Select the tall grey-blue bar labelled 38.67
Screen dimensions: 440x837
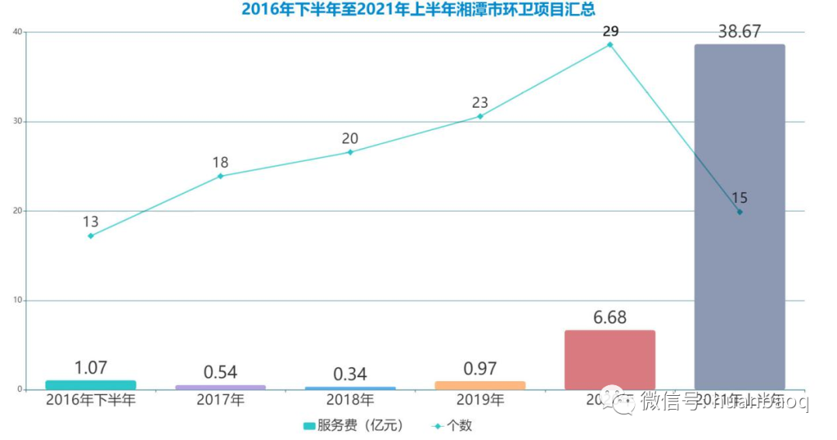(x=739, y=217)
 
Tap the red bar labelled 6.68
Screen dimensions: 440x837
(x=609, y=360)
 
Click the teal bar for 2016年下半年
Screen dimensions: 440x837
(x=91, y=385)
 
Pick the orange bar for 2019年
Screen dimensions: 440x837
(x=480, y=385)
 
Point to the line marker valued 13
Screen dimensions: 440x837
(x=91, y=235)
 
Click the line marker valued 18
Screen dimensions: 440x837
(x=220, y=176)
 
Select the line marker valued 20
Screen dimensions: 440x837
(x=350, y=152)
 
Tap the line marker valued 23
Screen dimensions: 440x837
(x=480, y=116)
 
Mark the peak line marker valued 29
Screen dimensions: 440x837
(x=610, y=45)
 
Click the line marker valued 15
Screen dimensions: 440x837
(x=739, y=211)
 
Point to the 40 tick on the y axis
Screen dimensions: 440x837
(x=16, y=32)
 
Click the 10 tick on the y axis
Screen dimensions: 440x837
(x=16, y=301)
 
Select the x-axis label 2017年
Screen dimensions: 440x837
(x=220, y=401)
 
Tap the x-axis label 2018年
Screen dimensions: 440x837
(x=350, y=401)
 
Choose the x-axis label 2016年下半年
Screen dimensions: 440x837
(x=91, y=401)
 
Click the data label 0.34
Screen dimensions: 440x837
(x=350, y=374)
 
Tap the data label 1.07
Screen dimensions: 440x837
(x=91, y=368)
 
